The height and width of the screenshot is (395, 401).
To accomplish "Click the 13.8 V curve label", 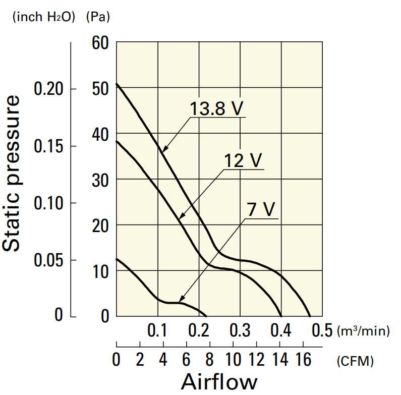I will [x=217, y=108].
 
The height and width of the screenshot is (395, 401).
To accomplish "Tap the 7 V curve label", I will [x=261, y=209].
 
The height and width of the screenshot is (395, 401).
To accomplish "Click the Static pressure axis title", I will [x=12, y=172].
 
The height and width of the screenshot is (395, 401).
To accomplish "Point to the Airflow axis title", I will [x=218, y=382].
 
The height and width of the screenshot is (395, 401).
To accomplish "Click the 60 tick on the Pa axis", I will [x=101, y=43].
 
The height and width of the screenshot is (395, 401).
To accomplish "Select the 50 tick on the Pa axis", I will [x=101, y=89].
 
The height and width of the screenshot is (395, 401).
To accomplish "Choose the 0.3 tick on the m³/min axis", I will [x=240, y=331].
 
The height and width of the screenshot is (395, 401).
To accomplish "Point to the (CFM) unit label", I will [x=355, y=361].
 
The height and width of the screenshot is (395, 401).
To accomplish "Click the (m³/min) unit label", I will [x=364, y=331].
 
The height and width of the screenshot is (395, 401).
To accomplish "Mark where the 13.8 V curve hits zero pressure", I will [x=309, y=316].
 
